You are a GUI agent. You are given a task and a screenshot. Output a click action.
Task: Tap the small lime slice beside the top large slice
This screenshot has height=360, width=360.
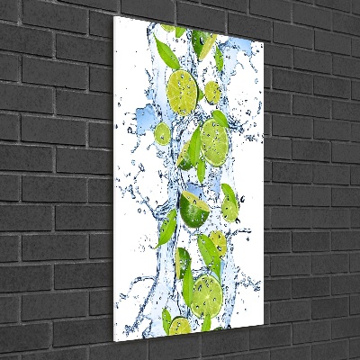point(212,92)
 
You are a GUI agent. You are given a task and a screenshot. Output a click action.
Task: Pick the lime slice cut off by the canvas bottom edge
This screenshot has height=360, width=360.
point(180,325)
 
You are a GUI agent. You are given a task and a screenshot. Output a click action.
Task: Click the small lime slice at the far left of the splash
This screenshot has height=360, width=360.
point(162,134)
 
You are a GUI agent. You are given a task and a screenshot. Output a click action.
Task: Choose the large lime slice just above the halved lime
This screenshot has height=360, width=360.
point(215,139)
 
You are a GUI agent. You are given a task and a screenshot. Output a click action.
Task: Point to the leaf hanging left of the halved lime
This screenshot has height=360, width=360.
point(168,226)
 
